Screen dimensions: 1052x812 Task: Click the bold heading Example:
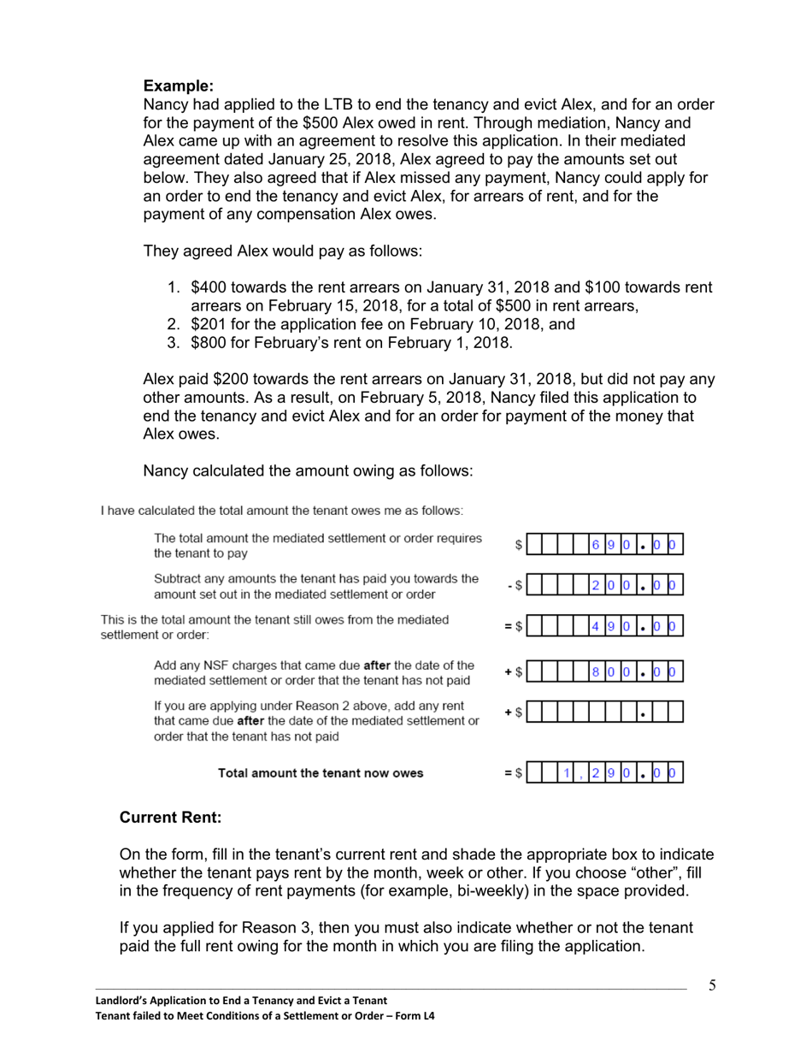pyautogui.click(x=178, y=86)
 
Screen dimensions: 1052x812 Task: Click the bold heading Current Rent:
pyautogui.click(x=170, y=817)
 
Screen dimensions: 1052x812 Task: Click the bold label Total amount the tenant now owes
pyautogui.click(x=320, y=773)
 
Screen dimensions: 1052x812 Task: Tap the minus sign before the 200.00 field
pyautogui.click(x=509, y=586)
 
